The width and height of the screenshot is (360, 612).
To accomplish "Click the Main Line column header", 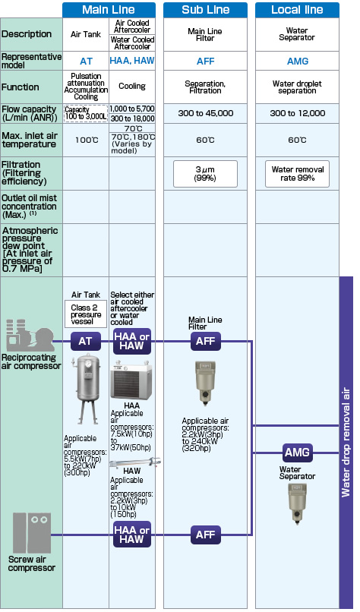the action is pos(109,10).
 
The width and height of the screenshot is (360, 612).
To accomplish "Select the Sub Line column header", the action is pos(205,10).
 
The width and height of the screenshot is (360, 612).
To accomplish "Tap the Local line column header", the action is pos(297,10).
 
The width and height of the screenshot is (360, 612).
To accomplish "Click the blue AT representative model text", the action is pos(86,62).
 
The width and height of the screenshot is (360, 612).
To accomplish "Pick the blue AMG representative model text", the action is pos(298,62).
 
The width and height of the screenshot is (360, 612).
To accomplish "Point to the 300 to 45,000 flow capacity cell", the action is pos(205,113).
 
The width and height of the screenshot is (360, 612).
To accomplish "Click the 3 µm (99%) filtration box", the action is pos(205,174).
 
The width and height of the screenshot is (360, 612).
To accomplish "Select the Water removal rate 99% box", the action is pos(298,174).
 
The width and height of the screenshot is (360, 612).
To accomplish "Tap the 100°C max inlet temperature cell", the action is pos(86,140).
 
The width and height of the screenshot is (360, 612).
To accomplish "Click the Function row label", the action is pos(21,87).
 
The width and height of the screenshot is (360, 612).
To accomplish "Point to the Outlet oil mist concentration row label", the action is pos(30,206).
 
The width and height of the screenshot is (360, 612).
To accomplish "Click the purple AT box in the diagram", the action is pos(86,341).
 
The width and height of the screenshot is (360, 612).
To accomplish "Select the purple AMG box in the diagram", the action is pos(298,453).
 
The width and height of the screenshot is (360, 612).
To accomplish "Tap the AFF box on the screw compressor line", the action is pos(206,535).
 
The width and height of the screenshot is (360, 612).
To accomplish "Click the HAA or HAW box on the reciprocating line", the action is pos(132,341).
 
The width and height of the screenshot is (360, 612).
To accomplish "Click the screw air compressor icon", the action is pos(32,532).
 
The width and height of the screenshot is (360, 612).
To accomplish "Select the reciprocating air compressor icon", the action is pos(30,335).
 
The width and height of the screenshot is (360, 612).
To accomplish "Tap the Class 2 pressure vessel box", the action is pos(86,314).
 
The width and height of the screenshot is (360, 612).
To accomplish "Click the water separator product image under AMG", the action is pos(298,503).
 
